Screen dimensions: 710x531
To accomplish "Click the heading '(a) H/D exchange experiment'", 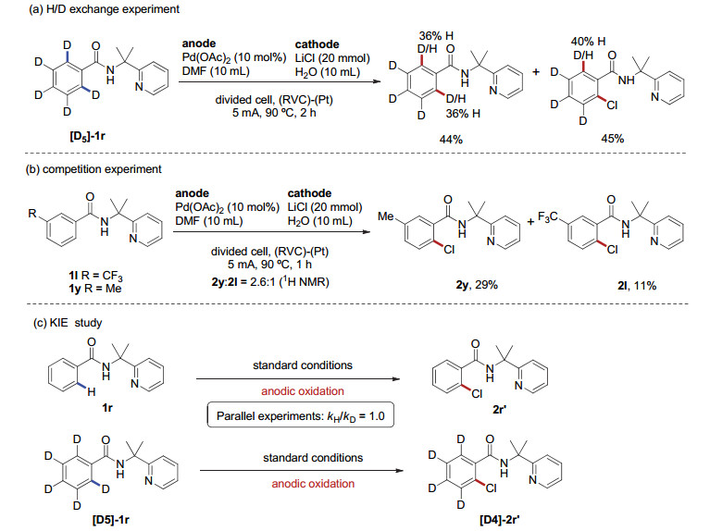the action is click(x=104, y=9).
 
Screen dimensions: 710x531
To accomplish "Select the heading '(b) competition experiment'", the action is click(x=93, y=169).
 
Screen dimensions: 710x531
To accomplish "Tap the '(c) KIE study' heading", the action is click(x=68, y=323).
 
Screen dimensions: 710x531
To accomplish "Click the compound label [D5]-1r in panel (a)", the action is click(x=87, y=135).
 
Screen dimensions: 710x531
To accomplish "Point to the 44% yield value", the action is click(x=451, y=140).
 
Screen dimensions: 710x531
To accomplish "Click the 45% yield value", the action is click(x=612, y=139).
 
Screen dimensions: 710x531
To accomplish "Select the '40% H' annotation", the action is click(x=588, y=42).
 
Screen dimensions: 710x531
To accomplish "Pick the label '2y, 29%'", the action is click(x=477, y=285).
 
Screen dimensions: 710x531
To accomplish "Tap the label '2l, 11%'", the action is click(x=637, y=285).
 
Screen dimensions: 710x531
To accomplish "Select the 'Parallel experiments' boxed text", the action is click(x=301, y=415).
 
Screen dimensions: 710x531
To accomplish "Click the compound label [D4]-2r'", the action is click(x=500, y=520).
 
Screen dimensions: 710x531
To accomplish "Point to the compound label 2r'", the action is click(x=499, y=409).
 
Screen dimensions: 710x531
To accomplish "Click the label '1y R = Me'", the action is click(x=95, y=289).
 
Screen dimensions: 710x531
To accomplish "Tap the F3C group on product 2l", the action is click(x=547, y=218).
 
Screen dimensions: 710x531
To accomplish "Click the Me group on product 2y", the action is click(x=386, y=216).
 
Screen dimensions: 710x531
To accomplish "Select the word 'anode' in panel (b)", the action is click(x=192, y=193).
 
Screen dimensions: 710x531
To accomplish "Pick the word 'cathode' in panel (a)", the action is click(x=317, y=44).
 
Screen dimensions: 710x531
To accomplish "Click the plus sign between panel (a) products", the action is click(x=536, y=72).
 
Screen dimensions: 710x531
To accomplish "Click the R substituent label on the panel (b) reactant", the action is click(x=32, y=213).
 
